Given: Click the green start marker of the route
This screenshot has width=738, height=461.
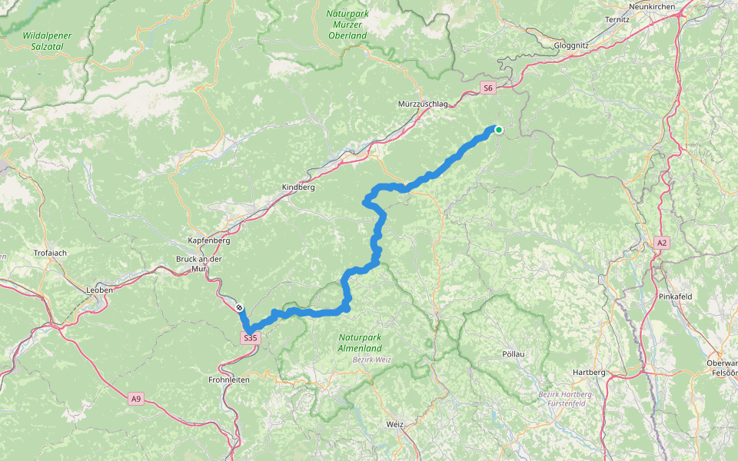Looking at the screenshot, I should (498, 130).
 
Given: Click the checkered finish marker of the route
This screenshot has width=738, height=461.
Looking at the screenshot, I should (240, 307).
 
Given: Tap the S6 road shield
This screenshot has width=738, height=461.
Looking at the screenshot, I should (487, 88).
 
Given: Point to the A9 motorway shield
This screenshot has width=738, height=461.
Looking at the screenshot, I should (136, 398).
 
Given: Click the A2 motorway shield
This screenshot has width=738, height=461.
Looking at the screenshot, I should (662, 243).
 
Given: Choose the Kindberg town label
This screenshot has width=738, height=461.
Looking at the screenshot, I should (299, 187).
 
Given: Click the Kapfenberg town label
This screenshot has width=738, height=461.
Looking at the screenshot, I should (209, 240).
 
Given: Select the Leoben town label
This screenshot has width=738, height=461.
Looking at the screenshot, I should (100, 290).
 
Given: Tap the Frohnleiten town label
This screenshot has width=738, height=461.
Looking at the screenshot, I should (230, 380).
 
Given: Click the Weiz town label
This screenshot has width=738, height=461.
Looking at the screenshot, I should (394, 423).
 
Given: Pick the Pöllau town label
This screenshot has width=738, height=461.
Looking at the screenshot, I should (512, 354).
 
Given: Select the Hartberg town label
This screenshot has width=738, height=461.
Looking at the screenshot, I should (589, 372).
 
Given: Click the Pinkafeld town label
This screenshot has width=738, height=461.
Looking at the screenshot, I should (676, 295).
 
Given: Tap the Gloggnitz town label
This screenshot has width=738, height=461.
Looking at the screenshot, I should (571, 45).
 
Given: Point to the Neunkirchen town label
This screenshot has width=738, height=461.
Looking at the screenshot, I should (651, 6).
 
